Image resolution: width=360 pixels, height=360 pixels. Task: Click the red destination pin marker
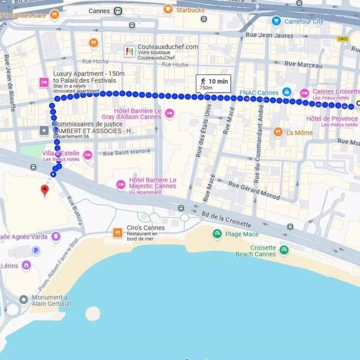pyautogui.click(x=44, y=191)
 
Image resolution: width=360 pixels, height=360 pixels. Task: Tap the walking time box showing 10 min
pyautogui.click(x=213, y=83)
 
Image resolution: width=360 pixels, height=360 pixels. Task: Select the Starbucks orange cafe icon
pyautogui.click(x=168, y=10)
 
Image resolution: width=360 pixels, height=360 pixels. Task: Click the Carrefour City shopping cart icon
pyautogui.click(x=276, y=21)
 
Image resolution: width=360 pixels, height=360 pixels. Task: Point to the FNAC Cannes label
pyautogui.click(x=259, y=93)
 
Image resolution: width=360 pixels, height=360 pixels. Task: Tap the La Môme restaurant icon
pyautogui.click(x=278, y=132)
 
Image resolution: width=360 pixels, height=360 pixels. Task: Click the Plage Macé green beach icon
pyautogui.click(x=217, y=233)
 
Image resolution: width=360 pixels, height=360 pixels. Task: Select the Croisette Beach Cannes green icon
pyautogui.click(x=284, y=250)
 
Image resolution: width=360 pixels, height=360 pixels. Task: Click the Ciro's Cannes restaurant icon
pyautogui.click(x=118, y=232)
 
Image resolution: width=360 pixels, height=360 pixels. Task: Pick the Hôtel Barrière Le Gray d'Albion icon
pyautogui.click(x=169, y=113)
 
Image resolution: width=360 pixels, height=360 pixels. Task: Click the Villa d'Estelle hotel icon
pyautogui.click(x=88, y=156)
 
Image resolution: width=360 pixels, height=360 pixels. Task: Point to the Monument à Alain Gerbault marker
pyautogui.click(x=23, y=299)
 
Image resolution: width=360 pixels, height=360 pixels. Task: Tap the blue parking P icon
pyautogui.click(x=35, y=251)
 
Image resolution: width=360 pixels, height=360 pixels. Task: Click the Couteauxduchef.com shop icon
pyautogui.click(x=129, y=51)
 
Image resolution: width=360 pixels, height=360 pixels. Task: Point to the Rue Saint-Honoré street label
pyautogui.click(x=127, y=152)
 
